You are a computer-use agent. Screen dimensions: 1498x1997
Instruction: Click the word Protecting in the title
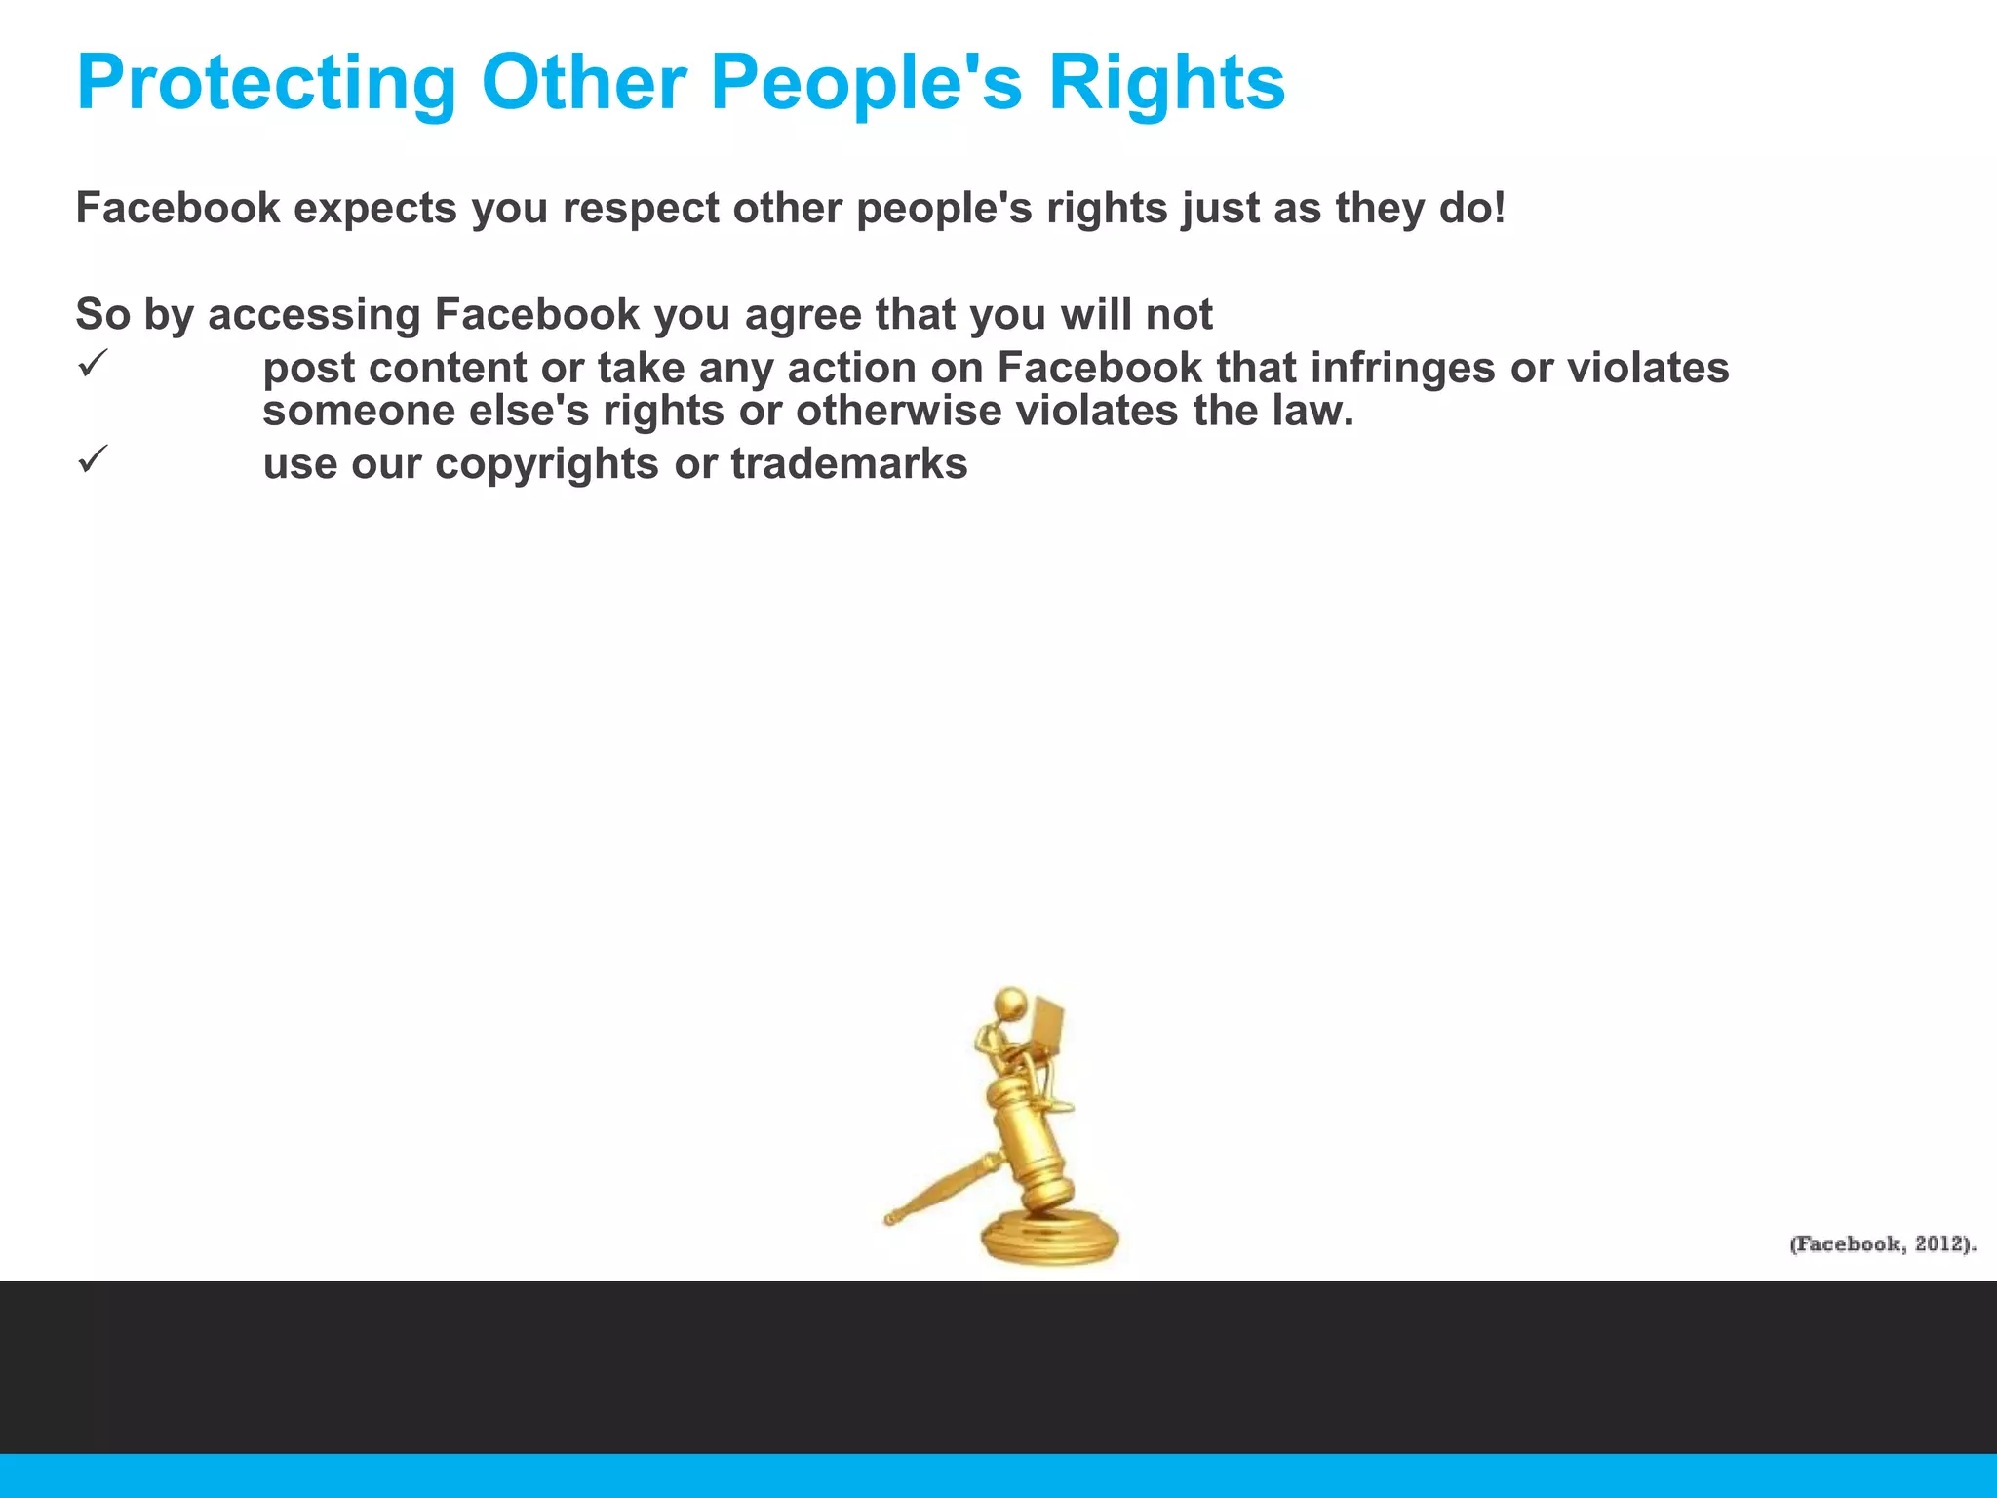(266, 83)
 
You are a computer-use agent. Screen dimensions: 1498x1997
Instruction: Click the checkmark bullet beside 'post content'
(91, 365)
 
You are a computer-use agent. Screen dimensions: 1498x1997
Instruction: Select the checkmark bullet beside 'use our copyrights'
(91, 459)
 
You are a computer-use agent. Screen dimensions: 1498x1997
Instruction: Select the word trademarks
(849, 464)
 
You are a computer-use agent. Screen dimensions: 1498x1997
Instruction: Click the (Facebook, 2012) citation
(1882, 1243)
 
